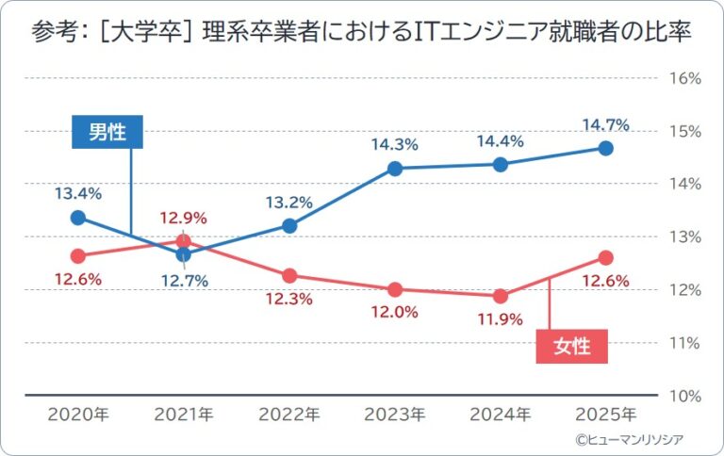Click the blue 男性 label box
tap(107, 132)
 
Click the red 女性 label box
tap(572, 346)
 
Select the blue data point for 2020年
tap(78, 218)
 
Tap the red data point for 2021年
tap(184, 241)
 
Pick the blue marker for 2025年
tap(606, 149)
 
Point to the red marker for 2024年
tap(501, 296)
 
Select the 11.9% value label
tap(501, 319)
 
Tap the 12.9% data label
tap(184, 219)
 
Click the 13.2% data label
tap(289, 203)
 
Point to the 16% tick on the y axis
tap(683, 78)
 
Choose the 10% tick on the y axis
tap(683, 395)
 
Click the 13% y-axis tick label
tap(683, 236)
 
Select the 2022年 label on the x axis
tap(289, 414)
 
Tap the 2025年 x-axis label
tap(606, 414)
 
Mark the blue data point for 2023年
tap(395, 169)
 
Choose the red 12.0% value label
tap(395, 312)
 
